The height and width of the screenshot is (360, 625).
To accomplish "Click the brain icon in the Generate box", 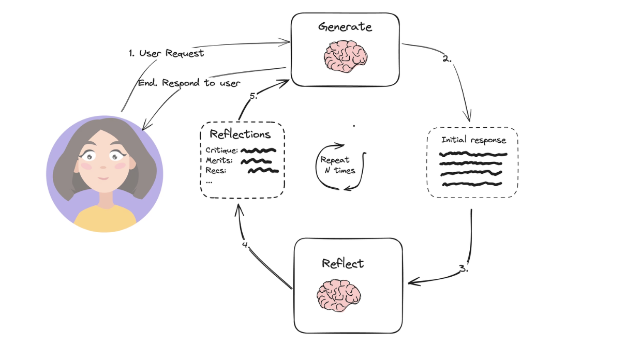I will (x=346, y=56).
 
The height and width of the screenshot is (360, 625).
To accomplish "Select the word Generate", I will (x=345, y=26).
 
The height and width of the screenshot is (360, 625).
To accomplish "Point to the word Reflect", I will (x=343, y=263).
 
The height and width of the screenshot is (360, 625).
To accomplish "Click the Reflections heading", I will (x=240, y=134).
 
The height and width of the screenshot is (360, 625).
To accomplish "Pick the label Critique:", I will (x=222, y=151).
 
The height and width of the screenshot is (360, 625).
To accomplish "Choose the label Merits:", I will (x=219, y=161).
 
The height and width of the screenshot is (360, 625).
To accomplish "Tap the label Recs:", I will (x=216, y=171).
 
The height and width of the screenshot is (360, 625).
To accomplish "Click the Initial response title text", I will (x=473, y=140).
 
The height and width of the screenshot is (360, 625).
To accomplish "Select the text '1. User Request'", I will (x=166, y=53).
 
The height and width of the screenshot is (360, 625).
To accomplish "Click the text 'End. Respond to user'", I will (x=189, y=83).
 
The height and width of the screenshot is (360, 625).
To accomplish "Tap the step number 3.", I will (x=464, y=269).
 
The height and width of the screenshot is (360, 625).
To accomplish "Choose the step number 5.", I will (x=253, y=96).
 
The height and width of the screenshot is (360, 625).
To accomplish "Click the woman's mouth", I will (x=103, y=178).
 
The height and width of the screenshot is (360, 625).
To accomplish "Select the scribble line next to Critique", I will (x=259, y=151).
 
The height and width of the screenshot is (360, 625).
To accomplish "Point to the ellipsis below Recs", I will (x=209, y=182).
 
